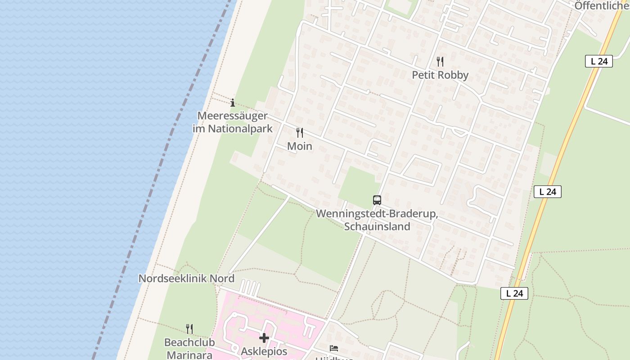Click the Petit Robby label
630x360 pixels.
(440, 75)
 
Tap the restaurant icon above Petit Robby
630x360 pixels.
(440, 61)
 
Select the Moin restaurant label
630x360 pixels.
(300, 146)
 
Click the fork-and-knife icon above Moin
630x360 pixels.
(300, 133)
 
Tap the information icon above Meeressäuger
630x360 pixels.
(233, 103)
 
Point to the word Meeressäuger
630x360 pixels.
(233, 116)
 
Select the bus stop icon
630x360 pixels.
(377, 200)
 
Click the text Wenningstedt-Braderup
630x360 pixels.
(377, 214)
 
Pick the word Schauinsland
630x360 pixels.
(377, 226)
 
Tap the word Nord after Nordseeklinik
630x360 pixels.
(223, 278)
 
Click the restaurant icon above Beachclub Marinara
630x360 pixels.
(189, 329)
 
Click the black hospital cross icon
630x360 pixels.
(264, 337)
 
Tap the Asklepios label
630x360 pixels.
(264, 351)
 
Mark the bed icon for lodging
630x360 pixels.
(334, 348)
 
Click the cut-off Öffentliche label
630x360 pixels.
(602, 6)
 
